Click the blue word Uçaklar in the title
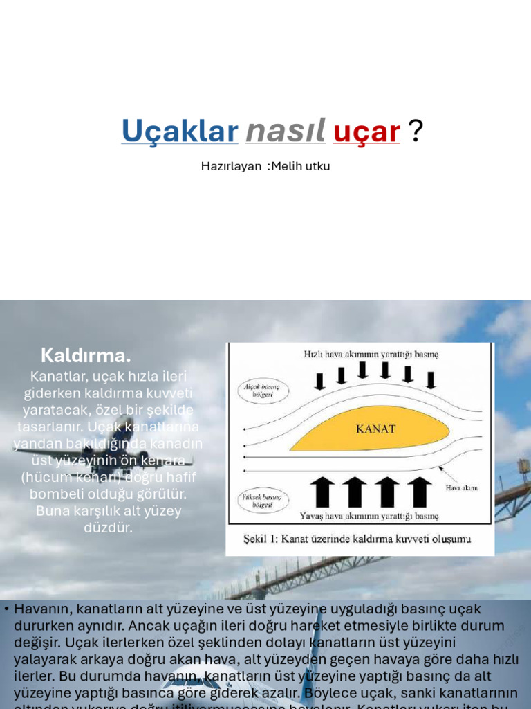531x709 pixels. tap(180, 131)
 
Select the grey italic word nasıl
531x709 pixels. tap(286, 131)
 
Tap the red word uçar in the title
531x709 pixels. tap(366, 131)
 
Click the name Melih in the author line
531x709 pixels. tap(290, 166)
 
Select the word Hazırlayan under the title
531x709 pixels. tap(231, 166)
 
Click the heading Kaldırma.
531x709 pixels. tap(86, 356)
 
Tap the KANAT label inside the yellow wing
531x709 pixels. tap(375, 429)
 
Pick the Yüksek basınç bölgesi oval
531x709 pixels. tap(263, 501)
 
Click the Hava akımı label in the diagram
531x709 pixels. tap(461, 488)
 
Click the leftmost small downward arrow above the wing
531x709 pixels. tap(319, 380)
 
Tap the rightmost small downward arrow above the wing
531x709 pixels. tap(431, 379)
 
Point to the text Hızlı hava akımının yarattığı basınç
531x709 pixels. tap(371, 354)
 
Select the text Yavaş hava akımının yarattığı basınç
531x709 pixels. tap(369, 516)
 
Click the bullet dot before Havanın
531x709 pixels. tap(6, 609)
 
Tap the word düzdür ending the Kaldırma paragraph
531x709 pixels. tap(109, 528)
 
